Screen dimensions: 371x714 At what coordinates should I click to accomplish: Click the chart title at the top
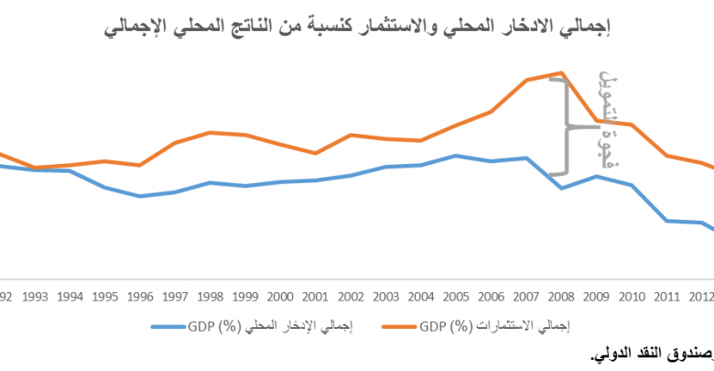click(357, 27)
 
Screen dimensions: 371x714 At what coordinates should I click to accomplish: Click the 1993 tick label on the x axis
click(36, 297)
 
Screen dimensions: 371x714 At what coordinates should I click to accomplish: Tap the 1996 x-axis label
click(140, 297)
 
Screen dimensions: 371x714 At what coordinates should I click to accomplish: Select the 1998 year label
click(210, 297)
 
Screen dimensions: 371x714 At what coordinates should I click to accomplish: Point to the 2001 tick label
click(315, 297)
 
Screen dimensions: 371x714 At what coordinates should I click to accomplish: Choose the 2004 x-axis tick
click(420, 297)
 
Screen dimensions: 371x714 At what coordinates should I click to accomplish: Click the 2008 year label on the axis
click(560, 297)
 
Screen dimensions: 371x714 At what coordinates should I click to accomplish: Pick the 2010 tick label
click(631, 297)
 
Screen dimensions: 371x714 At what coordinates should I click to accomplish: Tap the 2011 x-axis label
click(665, 297)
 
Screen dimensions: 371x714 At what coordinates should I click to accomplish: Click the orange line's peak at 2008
click(560, 72)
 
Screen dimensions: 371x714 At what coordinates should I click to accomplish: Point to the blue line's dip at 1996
click(140, 196)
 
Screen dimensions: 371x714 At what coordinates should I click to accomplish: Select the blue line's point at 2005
click(455, 156)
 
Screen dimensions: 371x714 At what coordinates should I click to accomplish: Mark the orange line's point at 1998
click(210, 132)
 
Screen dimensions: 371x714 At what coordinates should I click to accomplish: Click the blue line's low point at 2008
click(560, 188)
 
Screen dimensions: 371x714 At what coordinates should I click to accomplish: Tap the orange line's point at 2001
click(315, 153)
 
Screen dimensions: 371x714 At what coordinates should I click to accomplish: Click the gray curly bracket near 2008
click(564, 126)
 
